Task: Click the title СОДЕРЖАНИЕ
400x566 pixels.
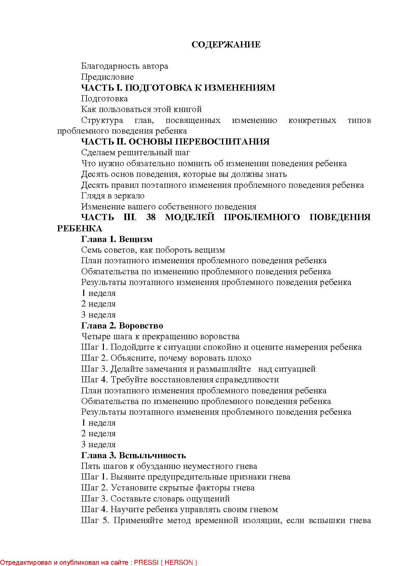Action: pos(226,45)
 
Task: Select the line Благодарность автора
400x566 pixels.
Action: pos(125,66)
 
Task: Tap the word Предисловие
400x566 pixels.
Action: pos(107,77)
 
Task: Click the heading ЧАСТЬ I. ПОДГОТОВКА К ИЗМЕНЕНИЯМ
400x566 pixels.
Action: pos(178,88)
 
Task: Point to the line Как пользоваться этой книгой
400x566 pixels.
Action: pos(141,109)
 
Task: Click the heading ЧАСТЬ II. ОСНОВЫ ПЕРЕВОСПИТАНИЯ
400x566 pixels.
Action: pos(175,142)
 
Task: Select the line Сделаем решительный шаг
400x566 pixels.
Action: pos(135,153)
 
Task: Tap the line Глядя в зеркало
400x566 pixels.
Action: pos(113,196)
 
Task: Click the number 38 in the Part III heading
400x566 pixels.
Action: pos(151,217)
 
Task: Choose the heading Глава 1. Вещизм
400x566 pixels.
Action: pos(117,239)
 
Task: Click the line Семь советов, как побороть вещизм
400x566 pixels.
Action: pos(153,250)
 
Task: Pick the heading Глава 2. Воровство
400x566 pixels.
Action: pos(122,326)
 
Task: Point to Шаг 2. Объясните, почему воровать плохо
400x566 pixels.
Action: pos(166,358)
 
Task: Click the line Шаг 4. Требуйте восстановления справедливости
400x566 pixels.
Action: pos(180,380)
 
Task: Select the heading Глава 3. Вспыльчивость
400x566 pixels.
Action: pos(133,455)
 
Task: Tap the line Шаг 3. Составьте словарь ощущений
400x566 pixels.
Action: pos(155,499)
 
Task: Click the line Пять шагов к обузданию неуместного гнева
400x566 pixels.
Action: pos(169,466)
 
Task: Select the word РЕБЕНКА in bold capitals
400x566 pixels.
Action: pos(79,228)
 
